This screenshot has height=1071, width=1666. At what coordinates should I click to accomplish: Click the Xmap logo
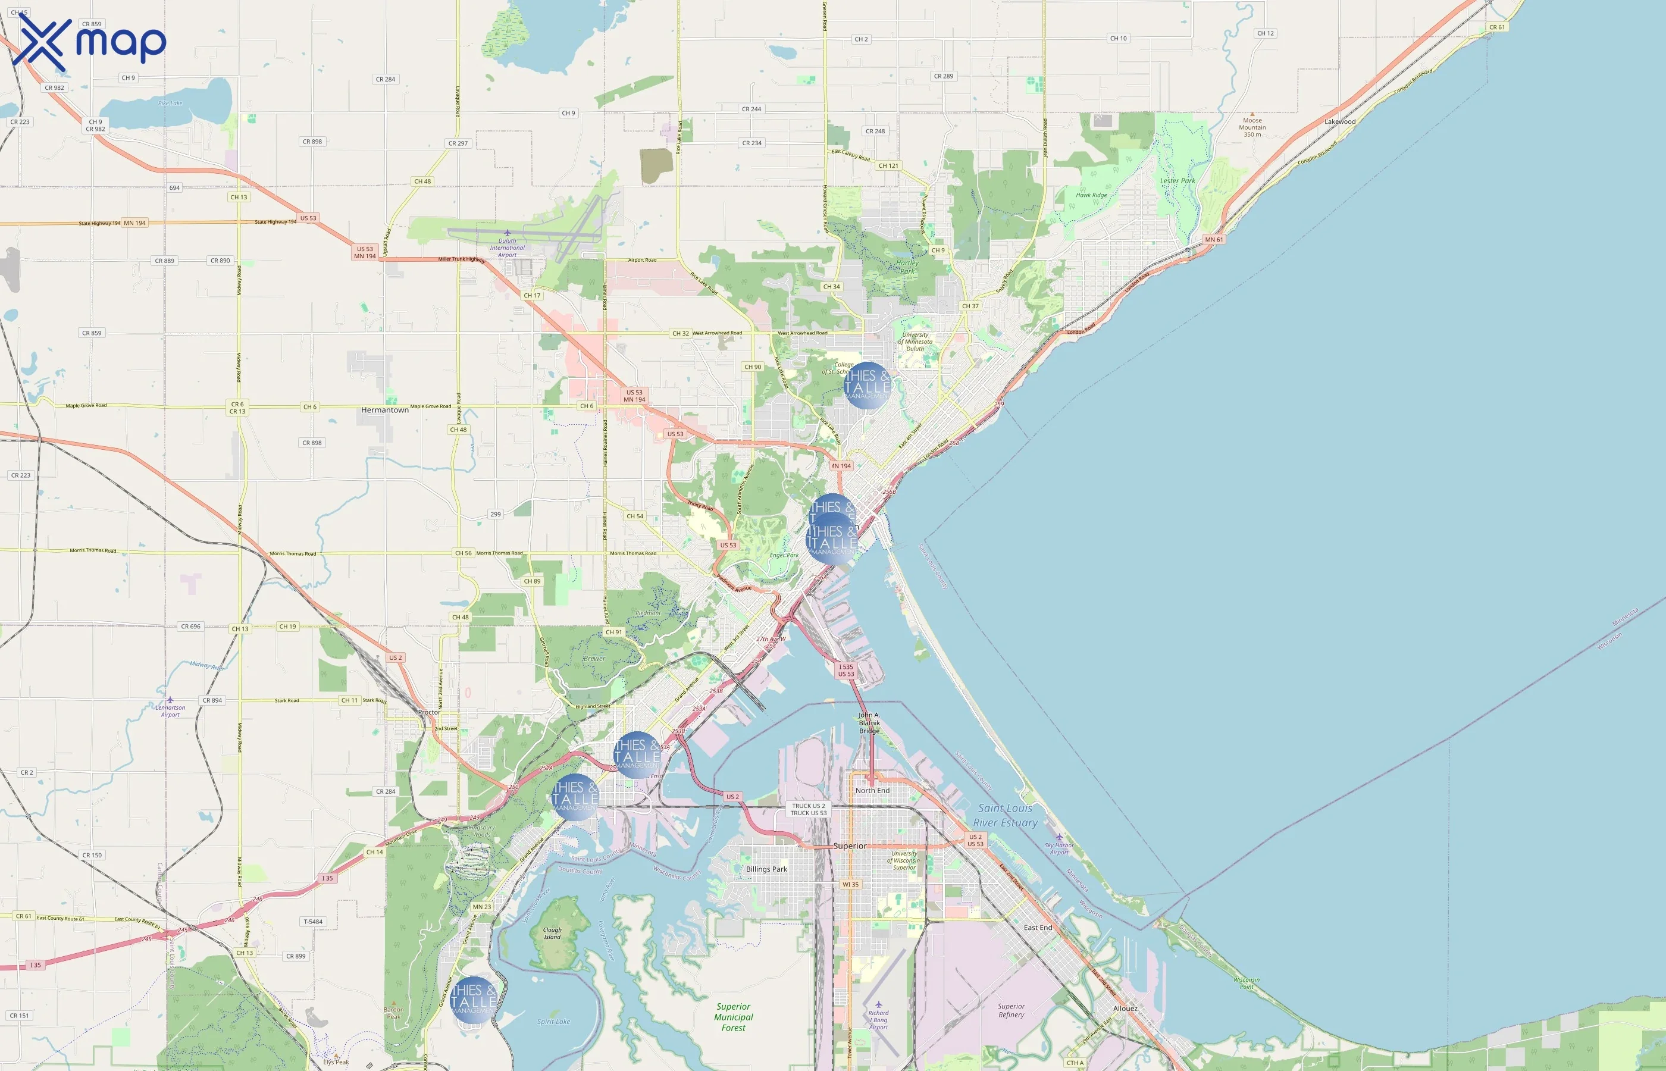pyautogui.click(x=89, y=42)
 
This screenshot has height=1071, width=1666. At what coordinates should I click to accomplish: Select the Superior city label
pyautogui.click(x=850, y=845)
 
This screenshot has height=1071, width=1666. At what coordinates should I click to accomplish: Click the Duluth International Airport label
pyautogui.click(x=507, y=248)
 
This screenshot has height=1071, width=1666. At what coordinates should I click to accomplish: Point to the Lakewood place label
pyautogui.click(x=1339, y=122)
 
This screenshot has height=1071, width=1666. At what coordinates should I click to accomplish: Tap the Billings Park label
pyautogui.click(x=766, y=869)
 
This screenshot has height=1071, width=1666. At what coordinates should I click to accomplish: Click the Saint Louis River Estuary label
pyautogui.click(x=1005, y=815)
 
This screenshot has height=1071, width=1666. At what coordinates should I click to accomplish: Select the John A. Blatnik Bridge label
pyautogui.click(x=869, y=722)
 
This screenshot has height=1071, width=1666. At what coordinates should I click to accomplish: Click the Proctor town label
pyautogui.click(x=428, y=712)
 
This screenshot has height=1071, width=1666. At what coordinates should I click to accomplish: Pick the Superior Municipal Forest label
pyautogui.click(x=733, y=1017)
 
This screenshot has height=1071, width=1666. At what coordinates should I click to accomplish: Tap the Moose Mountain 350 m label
pyautogui.click(x=1252, y=127)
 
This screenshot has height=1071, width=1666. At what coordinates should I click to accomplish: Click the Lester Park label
pyautogui.click(x=1177, y=181)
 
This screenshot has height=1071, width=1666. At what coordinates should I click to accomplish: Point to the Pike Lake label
pyautogui.click(x=170, y=103)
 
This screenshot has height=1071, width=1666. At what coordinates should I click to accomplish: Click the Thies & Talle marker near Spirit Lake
pyautogui.click(x=474, y=1000)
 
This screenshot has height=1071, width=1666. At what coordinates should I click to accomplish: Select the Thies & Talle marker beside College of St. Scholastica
pyautogui.click(x=866, y=384)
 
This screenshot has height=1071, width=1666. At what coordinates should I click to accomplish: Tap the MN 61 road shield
pyautogui.click(x=1213, y=239)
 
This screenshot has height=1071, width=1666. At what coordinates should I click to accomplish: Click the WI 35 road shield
pyautogui.click(x=850, y=885)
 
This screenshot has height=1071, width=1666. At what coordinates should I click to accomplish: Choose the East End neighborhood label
pyautogui.click(x=1038, y=927)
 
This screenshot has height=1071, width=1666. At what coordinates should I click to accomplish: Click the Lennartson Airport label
pyautogui.click(x=170, y=711)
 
